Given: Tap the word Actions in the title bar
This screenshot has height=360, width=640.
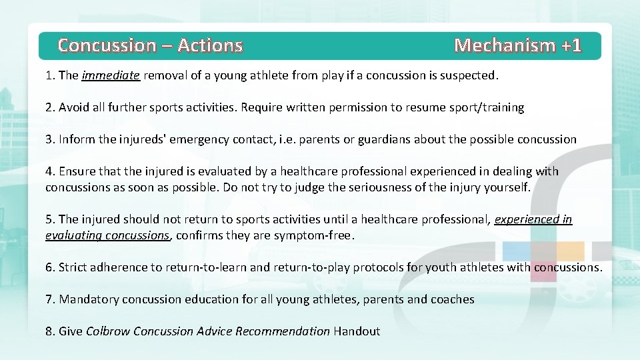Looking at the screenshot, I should (x=210, y=45).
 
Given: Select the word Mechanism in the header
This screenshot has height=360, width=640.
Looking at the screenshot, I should (x=505, y=45).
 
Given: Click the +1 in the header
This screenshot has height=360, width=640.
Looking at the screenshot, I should (x=571, y=45).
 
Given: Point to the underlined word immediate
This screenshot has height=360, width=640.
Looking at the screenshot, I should (x=111, y=75).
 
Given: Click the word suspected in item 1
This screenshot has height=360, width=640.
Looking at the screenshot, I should (x=470, y=75).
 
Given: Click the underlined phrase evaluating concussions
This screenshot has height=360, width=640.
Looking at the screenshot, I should (x=107, y=235).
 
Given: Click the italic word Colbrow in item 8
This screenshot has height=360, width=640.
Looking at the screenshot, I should (x=108, y=331).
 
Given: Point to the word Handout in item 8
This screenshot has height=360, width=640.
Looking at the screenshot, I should (x=357, y=331).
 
